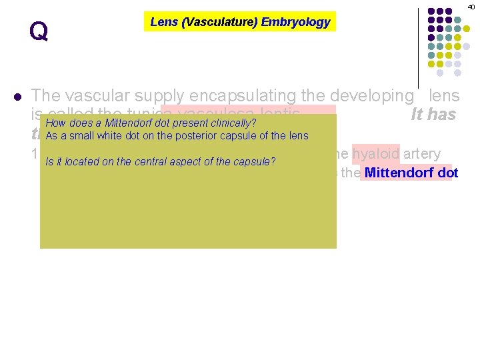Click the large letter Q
pos(39,31)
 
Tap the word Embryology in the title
pos(295,22)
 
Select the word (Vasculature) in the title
pos(219,22)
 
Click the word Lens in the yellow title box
pos(163,22)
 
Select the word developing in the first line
pos(371,96)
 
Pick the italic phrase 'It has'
pos(433,115)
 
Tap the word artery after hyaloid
pos(421,154)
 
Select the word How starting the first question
pos(55,123)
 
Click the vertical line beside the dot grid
pos(417,43)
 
